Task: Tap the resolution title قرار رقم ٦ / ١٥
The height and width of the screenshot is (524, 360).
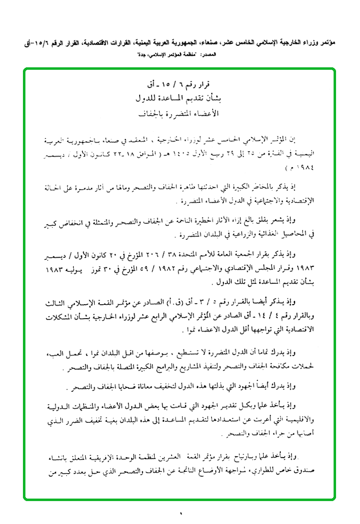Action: point(180,82)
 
